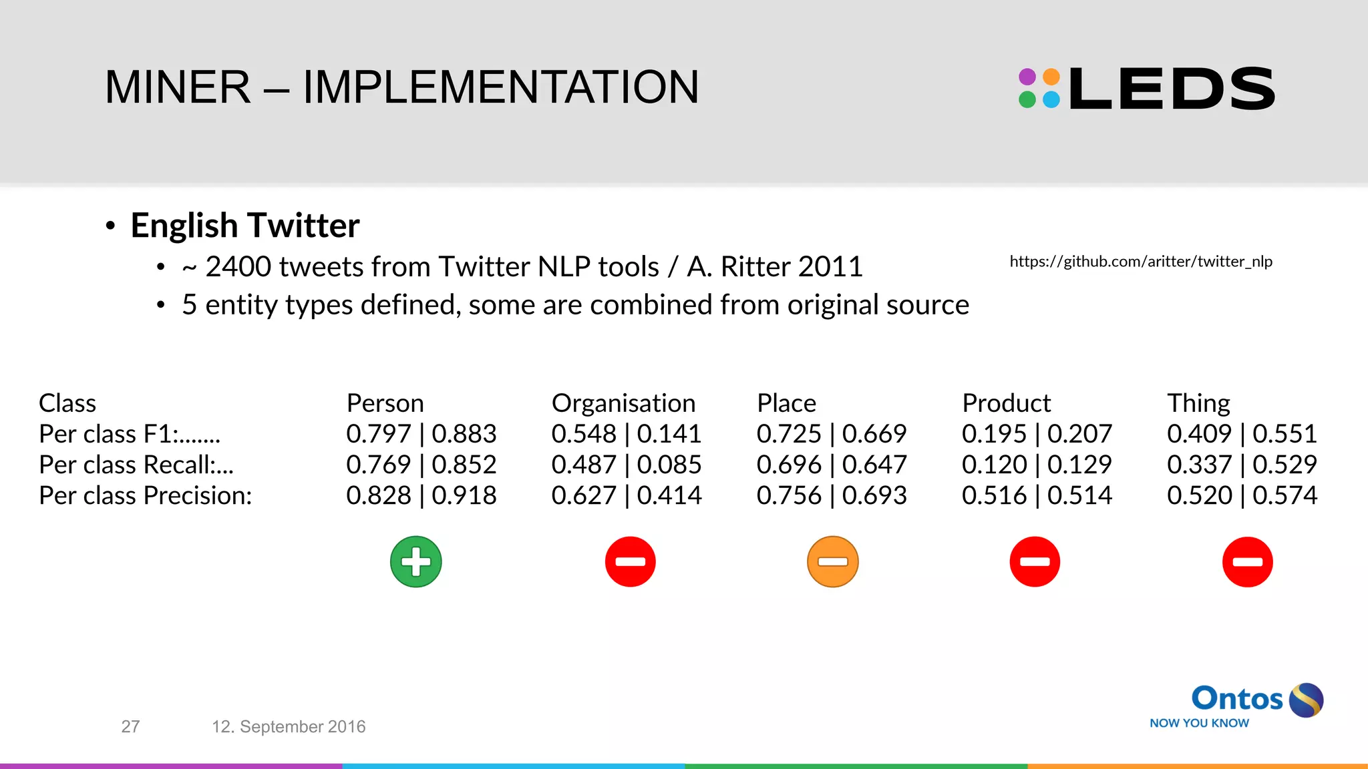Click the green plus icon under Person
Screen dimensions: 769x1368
pos(415,561)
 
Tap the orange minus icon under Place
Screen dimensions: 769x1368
pos(832,561)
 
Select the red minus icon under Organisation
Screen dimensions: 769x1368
pos(630,561)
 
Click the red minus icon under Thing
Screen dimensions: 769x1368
pos(1247,561)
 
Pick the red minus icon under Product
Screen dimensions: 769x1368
pos(1035,561)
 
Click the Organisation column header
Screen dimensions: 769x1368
pos(623,403)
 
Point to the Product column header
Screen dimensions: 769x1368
pos(1006,403)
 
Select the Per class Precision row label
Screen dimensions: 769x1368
pos(145,495)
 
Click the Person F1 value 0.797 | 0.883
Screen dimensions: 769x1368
pos(421,434)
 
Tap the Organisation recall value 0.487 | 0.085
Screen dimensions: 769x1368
pos(626,465)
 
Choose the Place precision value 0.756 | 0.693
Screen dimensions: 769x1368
pos(831,495)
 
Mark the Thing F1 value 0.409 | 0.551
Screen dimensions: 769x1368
pos(1241,434)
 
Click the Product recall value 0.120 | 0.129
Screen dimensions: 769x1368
pos(1036,465)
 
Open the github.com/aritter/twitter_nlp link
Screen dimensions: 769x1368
pos(1140,261)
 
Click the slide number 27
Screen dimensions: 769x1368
pos(130,726)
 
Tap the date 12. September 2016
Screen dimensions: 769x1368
pos(289,726)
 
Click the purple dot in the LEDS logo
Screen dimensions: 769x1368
pos(1027,77)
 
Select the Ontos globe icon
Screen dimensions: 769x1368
pos(1306,700)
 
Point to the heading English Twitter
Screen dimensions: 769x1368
pos(244,226)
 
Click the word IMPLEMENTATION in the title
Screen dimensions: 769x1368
pos(500,87)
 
